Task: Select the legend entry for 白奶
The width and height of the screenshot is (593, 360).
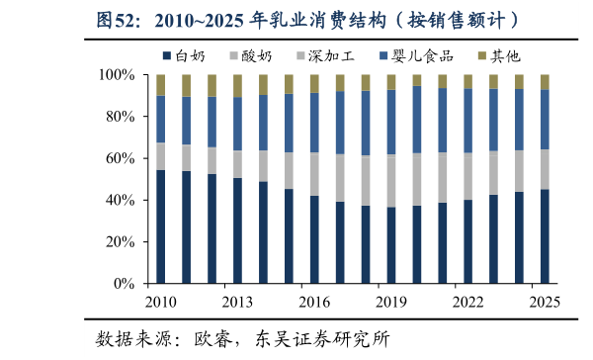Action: click(x=184, y=56)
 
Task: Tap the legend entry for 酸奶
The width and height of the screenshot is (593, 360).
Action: click(x=251, y=56)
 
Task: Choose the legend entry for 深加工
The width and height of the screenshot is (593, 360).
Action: click(x=325, y=56)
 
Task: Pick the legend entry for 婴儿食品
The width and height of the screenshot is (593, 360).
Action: click(x=416, y=56)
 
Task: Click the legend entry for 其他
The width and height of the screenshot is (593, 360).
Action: click(x=499, y=56)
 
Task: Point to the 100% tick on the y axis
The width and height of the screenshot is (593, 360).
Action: click(x=117, y=75)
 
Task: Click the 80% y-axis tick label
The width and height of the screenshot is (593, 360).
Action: click(x=121, y=117)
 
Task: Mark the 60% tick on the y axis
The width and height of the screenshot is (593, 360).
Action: click(x=121, y=158)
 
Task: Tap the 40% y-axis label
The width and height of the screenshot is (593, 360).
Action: click(x=121, y=200)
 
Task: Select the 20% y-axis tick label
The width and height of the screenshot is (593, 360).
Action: click(x=121, y=241)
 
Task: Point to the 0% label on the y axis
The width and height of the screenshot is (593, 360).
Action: click(x=125, y=284)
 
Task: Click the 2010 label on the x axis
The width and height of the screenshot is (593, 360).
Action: click(x=161, y=302)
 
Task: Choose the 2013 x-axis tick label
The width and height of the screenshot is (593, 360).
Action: click(x=237, y=302)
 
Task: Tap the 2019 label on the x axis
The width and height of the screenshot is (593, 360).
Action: click(x=391, y=302)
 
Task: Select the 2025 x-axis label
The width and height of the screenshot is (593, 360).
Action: click(x=545, y=302)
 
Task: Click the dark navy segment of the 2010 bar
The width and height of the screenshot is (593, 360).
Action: click(x=161, y=226)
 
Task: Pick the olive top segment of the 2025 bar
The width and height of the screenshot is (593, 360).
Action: click(x=545, y=82)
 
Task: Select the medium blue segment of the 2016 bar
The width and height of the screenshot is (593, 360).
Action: click(x=314, y=123)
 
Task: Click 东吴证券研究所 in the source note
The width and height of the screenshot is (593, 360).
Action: click(x=322, y=339)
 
